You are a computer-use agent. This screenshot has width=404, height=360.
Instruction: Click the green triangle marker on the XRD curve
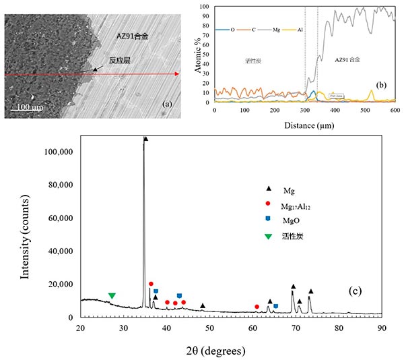112,296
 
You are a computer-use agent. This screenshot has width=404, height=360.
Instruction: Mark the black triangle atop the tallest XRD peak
146,139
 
